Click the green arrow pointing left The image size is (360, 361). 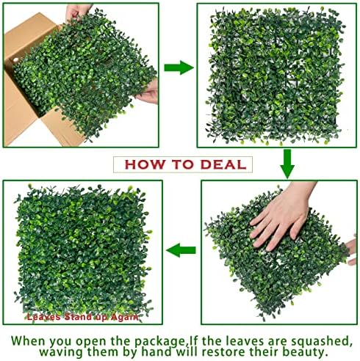pos(180,252)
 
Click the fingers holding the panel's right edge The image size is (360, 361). pos(148,91)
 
